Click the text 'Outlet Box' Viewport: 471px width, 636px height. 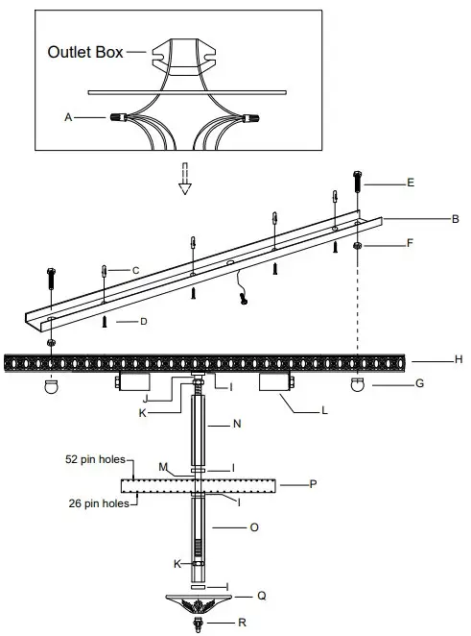tap(85, 52)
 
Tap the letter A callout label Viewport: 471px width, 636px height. tap(68, 117)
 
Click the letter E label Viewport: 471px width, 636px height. tap(410, 182)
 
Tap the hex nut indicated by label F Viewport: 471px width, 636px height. tap(357, 246)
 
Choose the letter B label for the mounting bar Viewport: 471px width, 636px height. tap(455, 219)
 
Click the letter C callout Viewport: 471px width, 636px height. tap(136, 271)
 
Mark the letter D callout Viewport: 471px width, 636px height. tap(143, 321)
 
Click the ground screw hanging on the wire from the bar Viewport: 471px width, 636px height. tap(246, 302)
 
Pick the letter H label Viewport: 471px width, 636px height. tap(459, 360)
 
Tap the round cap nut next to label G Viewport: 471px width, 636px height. tap(357, 385)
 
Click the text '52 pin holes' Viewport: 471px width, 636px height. tap(96, 460)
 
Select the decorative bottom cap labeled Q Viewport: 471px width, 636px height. tap(199, 603)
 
